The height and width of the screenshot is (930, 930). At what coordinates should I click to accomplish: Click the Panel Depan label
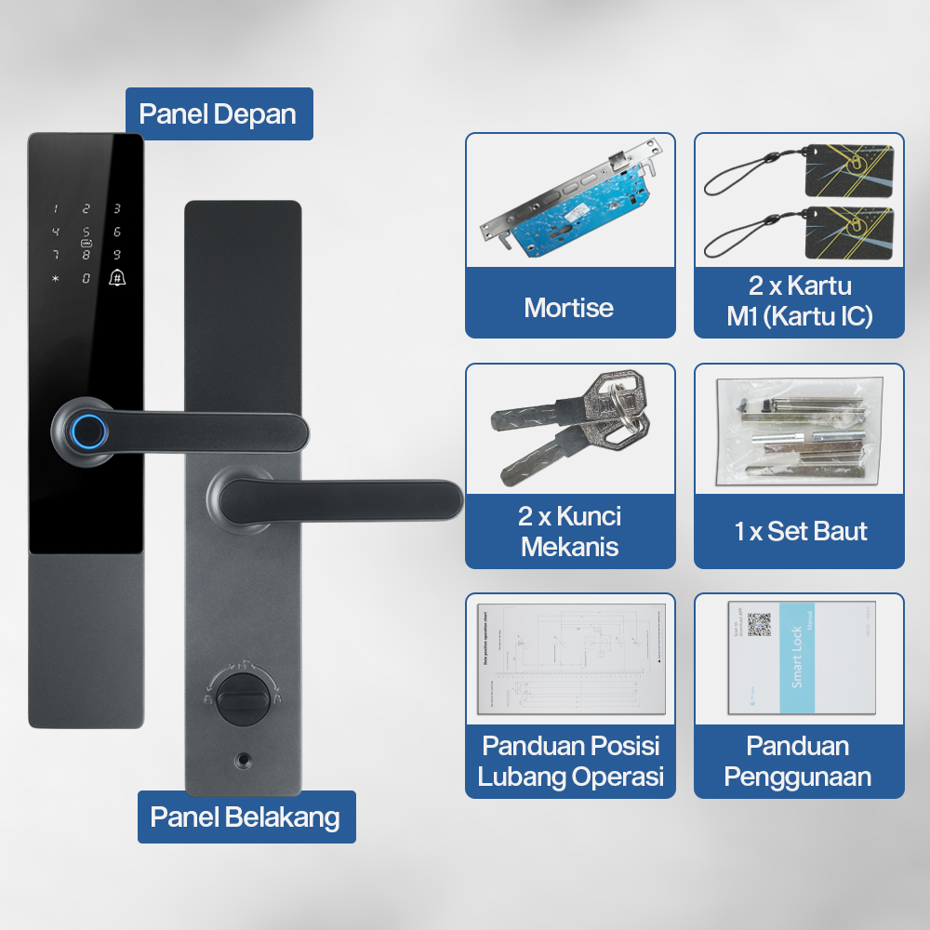point(219,114)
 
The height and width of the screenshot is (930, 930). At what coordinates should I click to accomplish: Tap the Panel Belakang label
point(246,817)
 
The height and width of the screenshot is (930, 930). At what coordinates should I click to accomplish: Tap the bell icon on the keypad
point(117,276)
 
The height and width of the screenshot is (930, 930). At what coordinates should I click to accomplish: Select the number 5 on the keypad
point(86,232)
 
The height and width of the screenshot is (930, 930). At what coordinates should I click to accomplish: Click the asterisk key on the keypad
point(56,277)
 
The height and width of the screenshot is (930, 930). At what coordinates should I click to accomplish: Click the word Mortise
point(569,308)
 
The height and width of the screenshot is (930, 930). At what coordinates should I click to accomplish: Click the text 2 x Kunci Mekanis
point(569,531)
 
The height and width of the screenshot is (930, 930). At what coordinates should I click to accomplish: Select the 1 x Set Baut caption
point(799,531)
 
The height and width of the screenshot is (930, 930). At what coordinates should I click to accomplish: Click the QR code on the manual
point(759,624)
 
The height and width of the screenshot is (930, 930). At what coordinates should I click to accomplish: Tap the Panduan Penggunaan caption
point(798,762)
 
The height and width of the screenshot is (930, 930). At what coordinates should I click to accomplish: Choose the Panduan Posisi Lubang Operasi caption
point(570,762)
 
